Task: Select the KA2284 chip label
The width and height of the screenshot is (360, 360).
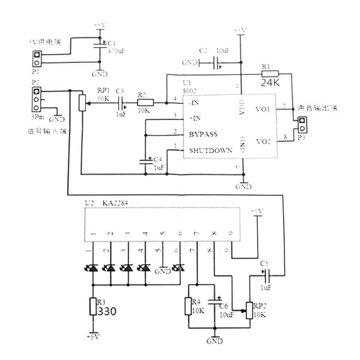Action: [114, 203]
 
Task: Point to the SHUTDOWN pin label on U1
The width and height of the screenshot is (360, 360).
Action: [211, 150]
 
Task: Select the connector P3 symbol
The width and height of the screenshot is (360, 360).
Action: [301, 125]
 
